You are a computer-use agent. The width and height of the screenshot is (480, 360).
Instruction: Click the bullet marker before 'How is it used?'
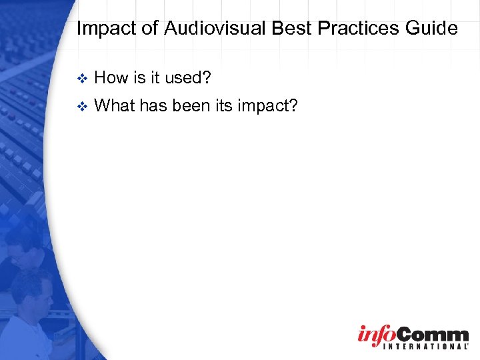click(x=82, y=79)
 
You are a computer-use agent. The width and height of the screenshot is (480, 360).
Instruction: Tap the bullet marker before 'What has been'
click(x=82, y=105)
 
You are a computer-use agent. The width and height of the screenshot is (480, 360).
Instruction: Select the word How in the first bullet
click(x=111, y=78)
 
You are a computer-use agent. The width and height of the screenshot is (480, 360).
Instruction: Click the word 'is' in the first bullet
click(x=139, y=78)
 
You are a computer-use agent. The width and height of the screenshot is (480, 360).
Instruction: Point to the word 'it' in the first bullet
click(x=155, y=78)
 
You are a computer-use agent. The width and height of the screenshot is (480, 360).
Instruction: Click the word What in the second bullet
click(x=115, y=105)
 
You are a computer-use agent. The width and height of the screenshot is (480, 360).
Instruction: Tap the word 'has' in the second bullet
click(x=154, y=105)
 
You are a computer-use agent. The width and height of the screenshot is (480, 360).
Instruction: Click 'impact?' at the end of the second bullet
click(x=273, y=105)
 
